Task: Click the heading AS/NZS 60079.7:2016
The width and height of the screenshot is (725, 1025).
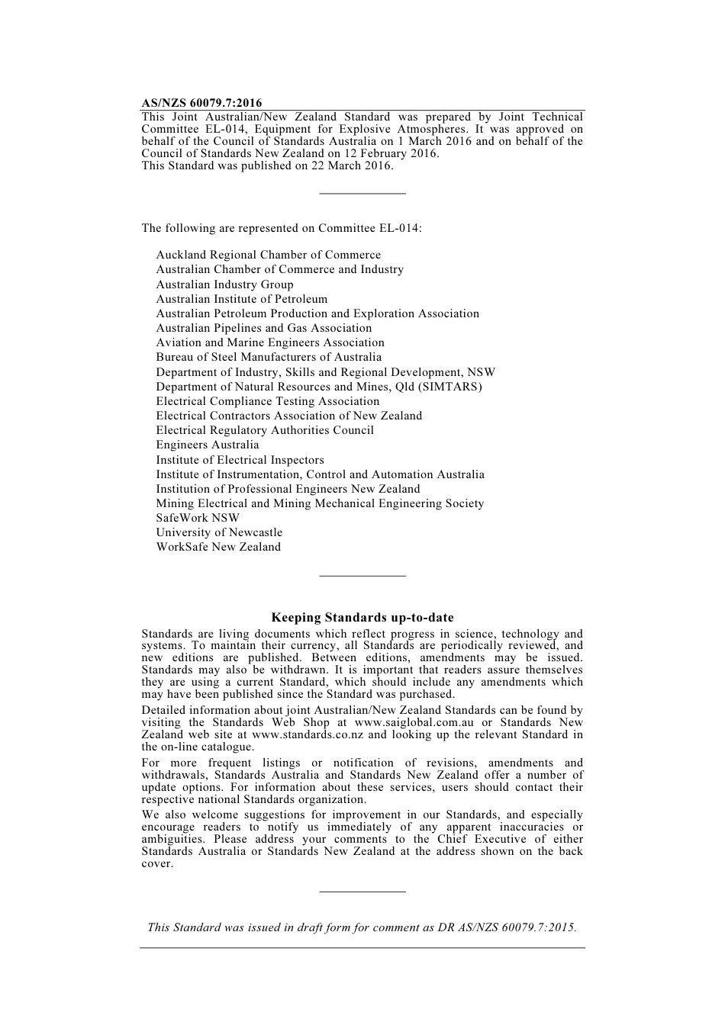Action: pyautogui.click(x=201, y=103)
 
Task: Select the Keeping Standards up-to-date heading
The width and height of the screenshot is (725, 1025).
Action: pyautogui.click(x=362, y=618)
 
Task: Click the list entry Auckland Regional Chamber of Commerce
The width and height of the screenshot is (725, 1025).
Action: pyautogui.click(x=268, y=255)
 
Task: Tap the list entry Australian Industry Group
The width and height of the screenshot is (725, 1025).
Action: pyautogui.click(x=224, y=284)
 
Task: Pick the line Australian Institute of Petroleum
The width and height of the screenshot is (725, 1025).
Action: pyautogui.click(x=241, y=299)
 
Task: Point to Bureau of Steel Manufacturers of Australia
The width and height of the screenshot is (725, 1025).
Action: pyautogui.click(x=269, y=357)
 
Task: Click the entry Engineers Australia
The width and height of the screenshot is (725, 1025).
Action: pyautogui.click(x=208, y=445)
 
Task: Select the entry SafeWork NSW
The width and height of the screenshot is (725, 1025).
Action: pyautogui.click(x=198, y=518)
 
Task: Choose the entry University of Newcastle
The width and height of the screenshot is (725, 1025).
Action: pyautogui.click(x=219, y=532)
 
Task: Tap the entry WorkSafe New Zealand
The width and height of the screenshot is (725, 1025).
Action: pyautogui.click(x=218, y=547)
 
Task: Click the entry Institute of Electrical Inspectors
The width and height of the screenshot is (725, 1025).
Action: pyautogui.click(x=240, y=460)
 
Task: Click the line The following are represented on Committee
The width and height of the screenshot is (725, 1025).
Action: pyautogui.click(x=282, y=228)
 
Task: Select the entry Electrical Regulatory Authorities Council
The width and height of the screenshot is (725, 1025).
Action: pyautogui.click(x=265, y=430)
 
